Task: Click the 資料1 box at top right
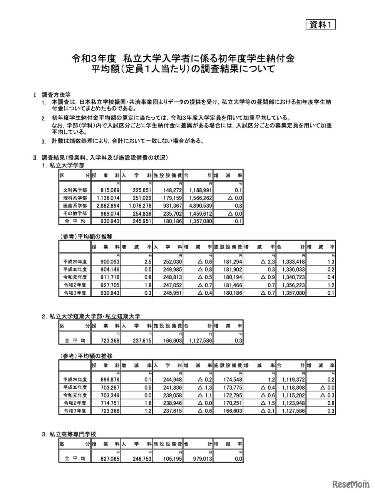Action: click(x=320, y=24)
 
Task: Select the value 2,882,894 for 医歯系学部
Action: click(x=105, y=206)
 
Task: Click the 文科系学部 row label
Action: click(x=75, y=190)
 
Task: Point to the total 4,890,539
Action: click(x=198, y=206)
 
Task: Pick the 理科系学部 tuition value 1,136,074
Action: click(x=105, y=198)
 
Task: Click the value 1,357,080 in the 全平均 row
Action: click(x=198, y=221)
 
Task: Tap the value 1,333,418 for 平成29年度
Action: click(x=291, y=262)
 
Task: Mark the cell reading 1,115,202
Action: click(x=291, y=396)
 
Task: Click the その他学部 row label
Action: click(x=75, y=213)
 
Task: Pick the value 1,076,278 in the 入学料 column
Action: click(x=137, y=206)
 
